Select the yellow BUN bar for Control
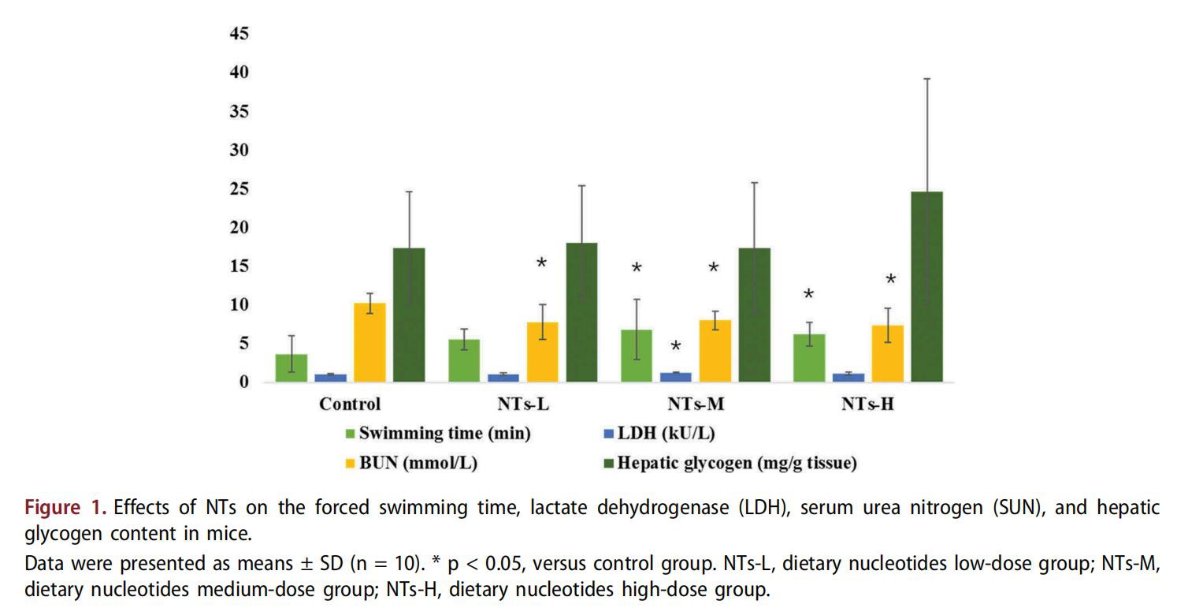369,342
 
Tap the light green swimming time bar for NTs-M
637,356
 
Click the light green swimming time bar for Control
291,367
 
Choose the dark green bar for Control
409,315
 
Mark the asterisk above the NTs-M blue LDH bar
676,347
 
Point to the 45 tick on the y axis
239,34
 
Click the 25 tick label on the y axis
239,189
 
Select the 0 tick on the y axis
244,382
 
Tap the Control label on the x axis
350,405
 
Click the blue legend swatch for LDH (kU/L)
605,434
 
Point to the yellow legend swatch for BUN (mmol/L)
351,464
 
